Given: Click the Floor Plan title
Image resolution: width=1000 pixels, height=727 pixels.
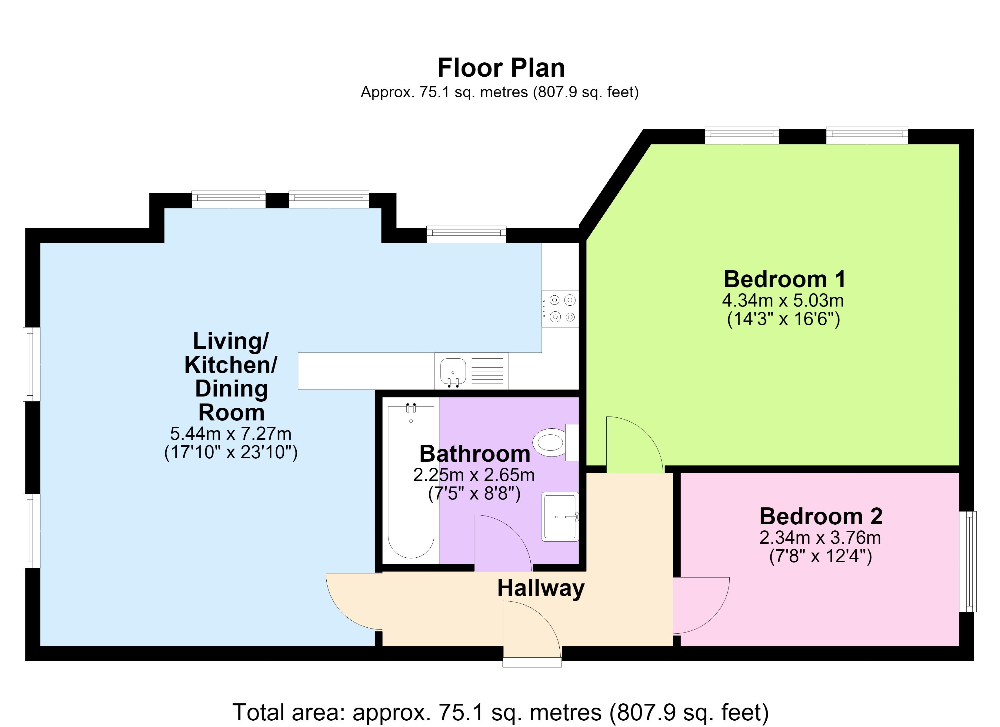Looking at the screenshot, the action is [501, 68].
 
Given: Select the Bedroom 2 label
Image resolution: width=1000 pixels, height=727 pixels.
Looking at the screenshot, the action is [821, 516].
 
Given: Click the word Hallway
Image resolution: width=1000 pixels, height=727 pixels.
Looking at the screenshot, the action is [541, 589].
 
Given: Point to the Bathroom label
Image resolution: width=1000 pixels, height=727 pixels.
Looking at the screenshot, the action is [475, 454].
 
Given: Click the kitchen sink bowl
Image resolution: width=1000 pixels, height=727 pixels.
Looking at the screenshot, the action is [453, 371].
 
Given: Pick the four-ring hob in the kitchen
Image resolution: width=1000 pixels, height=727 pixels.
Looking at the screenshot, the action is [560, 309].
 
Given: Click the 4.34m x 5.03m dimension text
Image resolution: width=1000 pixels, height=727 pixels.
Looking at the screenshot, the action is [783, 301].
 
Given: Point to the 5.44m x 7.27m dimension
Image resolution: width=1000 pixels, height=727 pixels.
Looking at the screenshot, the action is [231, 434].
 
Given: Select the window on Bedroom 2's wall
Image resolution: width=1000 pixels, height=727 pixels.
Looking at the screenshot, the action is [968, 561].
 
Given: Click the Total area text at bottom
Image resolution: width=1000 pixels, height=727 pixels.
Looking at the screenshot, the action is [500, 712].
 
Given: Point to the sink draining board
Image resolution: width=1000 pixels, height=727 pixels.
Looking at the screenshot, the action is [487, 371].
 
